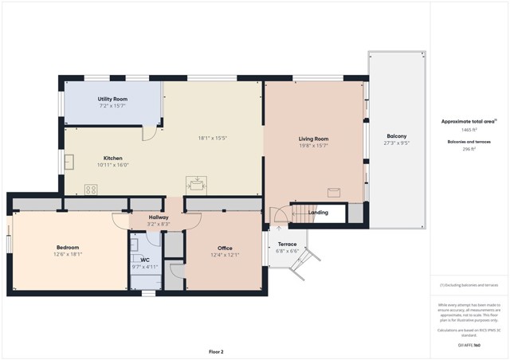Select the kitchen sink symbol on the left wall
pos(69,163)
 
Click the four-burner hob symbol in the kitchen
pos(91,190)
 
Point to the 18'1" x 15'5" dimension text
pos(213,138)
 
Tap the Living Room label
pos(313,139)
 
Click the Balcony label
pos(396,136)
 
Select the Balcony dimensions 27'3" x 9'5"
pos(396,143)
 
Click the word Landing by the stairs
pos(318,213)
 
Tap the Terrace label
pos(287,244)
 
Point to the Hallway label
pos(158,217)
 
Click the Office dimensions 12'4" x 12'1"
pos(225,255)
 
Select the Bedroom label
pos(68,247)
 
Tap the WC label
pos(145,260)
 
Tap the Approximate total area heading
pos(469,122)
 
